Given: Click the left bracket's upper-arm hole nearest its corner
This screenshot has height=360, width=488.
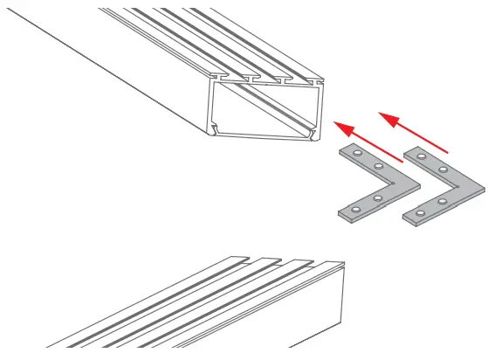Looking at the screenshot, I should pyautogui.click(x=379, y=166).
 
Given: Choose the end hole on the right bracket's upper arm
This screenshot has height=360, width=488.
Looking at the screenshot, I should pyautogui.click(x=422, y=156).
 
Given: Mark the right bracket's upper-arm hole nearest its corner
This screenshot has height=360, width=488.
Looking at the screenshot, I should pyautogui.click(x=443, y=169).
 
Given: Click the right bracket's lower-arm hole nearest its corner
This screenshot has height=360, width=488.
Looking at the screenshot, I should pyautogui.click(x=443, y=202).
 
